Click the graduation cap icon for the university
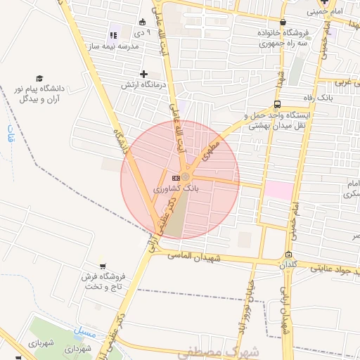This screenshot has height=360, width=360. (x=40, y=78)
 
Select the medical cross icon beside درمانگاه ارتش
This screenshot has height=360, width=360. (x=143, y=74)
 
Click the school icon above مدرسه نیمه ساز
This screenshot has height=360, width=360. (x=114, y=35)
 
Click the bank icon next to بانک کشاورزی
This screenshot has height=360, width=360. (x=175, y=178)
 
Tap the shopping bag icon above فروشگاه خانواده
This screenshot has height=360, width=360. (x=283, y=22)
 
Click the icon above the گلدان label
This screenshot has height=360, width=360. (x=288, y=255)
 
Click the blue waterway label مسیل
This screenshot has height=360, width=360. (x=84, y=328)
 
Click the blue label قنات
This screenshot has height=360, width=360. (x=8, y=135)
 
